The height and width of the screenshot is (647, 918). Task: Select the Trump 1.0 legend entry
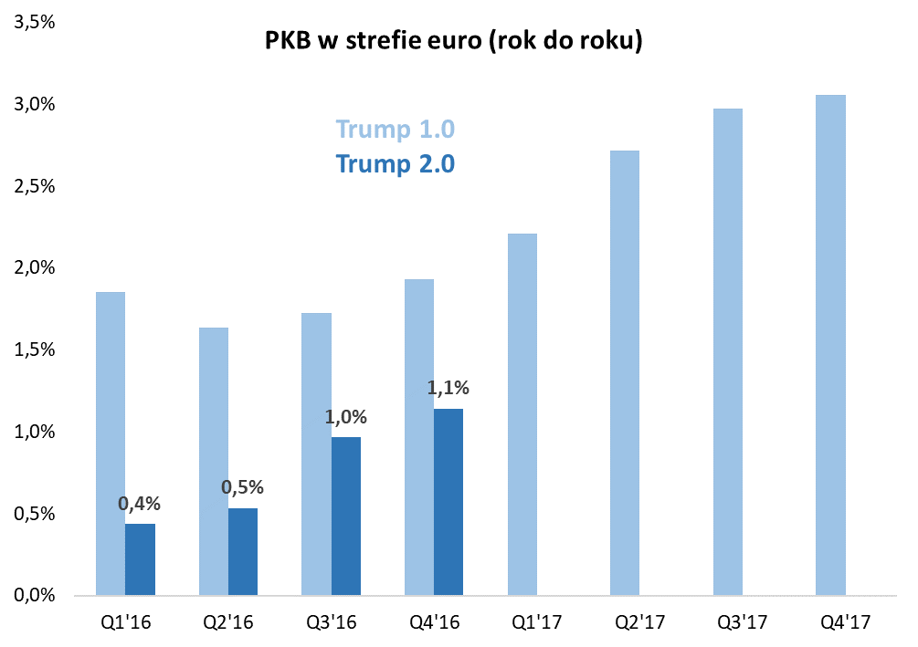point(395,130)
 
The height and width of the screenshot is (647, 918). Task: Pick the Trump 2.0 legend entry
point(395,163)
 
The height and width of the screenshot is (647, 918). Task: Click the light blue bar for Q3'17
point(727,352)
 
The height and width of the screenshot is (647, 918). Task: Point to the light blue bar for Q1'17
point(522,414)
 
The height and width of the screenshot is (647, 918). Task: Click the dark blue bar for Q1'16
point(140,559)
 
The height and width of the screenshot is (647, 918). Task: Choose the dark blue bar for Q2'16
point(243,552)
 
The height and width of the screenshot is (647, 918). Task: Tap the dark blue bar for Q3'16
point(345,517)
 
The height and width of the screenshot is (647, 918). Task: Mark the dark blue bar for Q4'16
point(448,502)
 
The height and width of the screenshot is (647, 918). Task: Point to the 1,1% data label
point(448,388)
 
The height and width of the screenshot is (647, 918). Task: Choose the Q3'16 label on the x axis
point(331,623)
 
